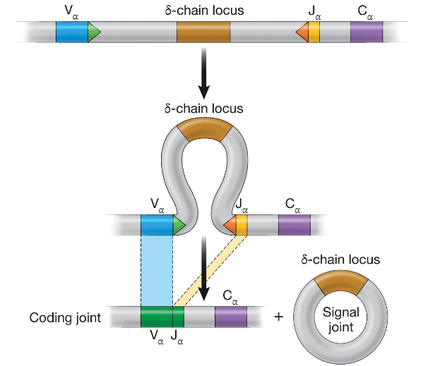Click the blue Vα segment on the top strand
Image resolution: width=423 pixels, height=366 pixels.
click(x=71, y=32)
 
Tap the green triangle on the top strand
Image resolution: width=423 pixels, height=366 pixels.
click(x=93, y=32)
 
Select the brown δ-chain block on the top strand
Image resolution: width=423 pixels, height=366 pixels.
click(x=203, y=32)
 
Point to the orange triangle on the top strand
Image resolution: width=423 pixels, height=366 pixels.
click(x=302, y=32)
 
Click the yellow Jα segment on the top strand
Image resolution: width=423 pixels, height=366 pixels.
click(x=314, y=32)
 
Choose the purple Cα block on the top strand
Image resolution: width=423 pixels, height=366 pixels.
click(x=367, y=32)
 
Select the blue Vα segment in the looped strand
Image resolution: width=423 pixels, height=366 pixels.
click(x=156, y=225)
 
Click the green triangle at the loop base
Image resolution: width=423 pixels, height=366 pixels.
click(x=178, y=225)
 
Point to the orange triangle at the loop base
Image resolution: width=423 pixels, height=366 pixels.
click(x=230, y=225)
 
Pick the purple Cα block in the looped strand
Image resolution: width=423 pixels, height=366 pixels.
click(x=294, y=225)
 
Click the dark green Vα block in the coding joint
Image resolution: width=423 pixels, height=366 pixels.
click(x=156, y=317)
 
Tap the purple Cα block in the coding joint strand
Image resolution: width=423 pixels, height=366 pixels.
click(x=231, y=317)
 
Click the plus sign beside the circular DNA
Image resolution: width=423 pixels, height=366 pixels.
click(x=278, y=317)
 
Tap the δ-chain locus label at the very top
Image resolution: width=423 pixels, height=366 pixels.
click(x=203, y=11)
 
